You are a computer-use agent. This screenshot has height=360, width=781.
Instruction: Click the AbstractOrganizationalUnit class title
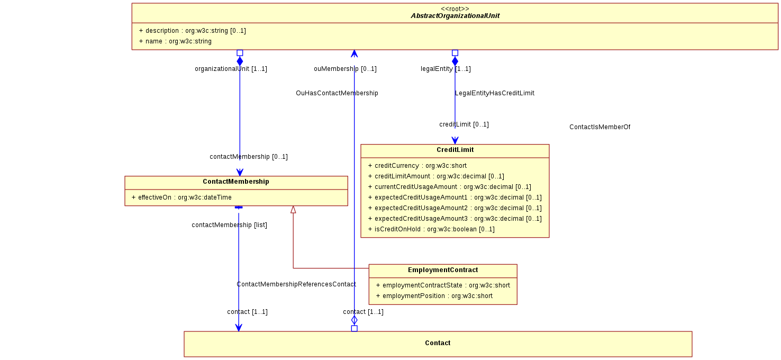point(455,16)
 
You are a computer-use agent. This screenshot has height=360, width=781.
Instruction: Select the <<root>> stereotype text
point(455,8)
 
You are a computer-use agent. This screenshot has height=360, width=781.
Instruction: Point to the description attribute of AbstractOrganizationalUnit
point(193,31)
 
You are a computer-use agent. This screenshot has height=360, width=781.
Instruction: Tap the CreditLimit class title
point(455,150)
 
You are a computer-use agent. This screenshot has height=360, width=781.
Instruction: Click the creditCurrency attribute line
point(417,166)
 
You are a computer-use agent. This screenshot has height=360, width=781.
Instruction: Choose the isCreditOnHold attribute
point(431,229)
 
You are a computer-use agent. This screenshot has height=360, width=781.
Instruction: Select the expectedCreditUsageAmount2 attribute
point(455,208)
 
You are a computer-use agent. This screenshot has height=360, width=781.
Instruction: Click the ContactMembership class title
point(236,182)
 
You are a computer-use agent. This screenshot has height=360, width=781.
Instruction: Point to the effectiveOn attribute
point(181,197)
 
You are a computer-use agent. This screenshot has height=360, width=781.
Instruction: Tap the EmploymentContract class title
point(443,270)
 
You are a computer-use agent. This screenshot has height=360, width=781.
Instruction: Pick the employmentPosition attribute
point(434,296)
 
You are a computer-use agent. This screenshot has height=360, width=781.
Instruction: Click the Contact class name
point(438,343)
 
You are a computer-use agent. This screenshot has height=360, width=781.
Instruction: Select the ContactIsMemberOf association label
point(600,127)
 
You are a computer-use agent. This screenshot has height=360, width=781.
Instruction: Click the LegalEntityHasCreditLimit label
point(494,93)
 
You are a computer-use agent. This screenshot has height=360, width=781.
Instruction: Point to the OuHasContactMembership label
point(337,93)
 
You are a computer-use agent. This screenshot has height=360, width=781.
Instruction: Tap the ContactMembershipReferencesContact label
point(296,284)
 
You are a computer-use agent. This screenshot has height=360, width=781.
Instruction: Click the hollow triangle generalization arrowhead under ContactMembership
point(293,210)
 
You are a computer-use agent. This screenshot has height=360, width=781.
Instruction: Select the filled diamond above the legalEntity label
point(455,61)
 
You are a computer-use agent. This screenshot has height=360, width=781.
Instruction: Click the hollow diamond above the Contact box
point(354,320)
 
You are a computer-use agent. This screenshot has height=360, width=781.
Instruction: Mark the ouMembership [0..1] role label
point(345,69)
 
